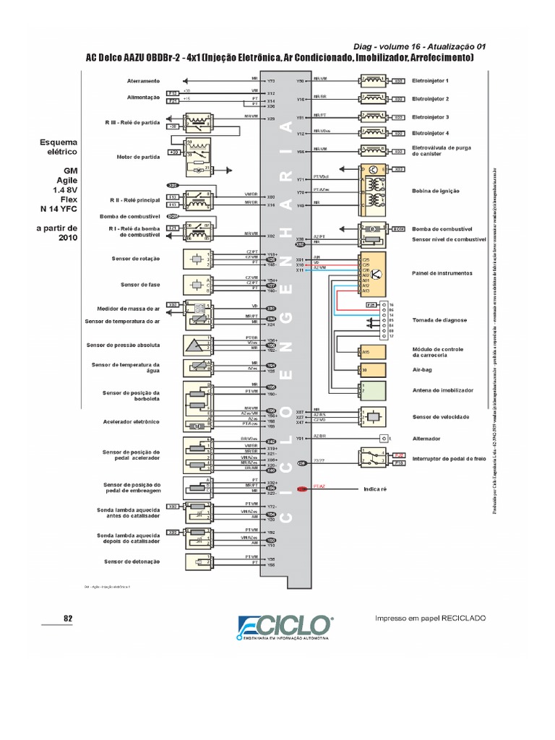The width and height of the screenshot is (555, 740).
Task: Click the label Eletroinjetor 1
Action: tap(430, 81)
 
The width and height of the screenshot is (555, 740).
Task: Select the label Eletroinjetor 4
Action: tap(430, 134)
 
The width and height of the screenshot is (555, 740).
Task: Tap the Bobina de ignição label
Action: tap(436, 191)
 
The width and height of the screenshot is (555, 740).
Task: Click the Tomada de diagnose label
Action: tap(439, 319)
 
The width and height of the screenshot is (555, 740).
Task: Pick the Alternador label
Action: tap(426, 439)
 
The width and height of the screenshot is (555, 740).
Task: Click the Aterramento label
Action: tap(143, 81)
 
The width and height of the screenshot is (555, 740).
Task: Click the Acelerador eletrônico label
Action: tap(132, 421)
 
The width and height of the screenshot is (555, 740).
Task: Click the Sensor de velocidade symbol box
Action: tap(373, 417)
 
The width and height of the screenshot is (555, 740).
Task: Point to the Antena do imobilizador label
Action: tap(442, 390)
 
